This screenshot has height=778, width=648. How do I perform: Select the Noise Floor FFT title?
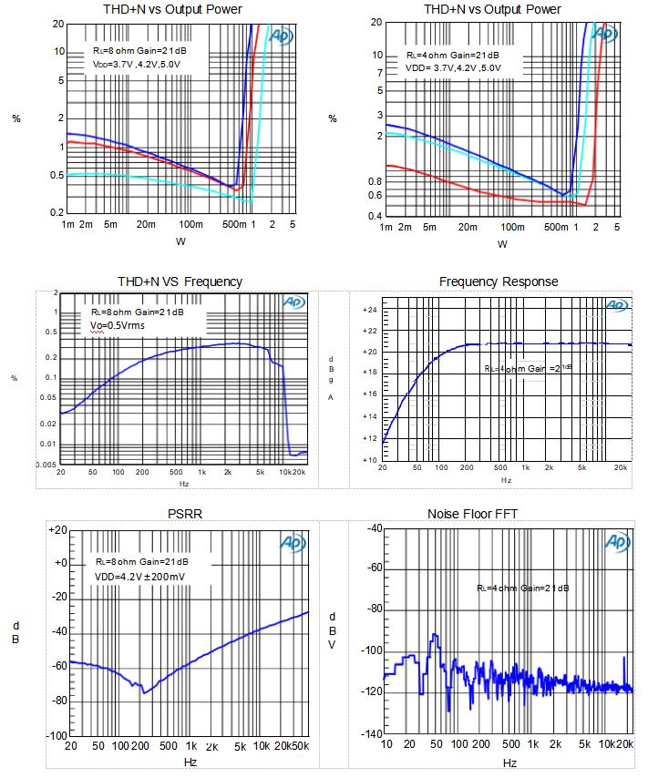(472, 514)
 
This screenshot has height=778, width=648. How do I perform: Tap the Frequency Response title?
(499, 282)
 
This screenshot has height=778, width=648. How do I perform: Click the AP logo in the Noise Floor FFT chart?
(618, 544)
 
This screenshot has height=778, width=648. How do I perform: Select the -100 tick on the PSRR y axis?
(56, 735)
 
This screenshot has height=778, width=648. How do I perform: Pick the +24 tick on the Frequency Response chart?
(368, 310)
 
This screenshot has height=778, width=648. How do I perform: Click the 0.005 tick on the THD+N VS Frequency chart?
(46, 464)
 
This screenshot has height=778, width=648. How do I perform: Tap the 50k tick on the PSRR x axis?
(300, 746)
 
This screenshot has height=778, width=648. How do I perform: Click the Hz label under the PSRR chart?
(190, 762)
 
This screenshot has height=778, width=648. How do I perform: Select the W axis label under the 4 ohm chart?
(502, 244)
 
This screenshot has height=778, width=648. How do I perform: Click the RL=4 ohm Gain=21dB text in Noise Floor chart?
(522, 588)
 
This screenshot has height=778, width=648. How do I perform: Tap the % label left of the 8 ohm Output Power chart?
(15, 119)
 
